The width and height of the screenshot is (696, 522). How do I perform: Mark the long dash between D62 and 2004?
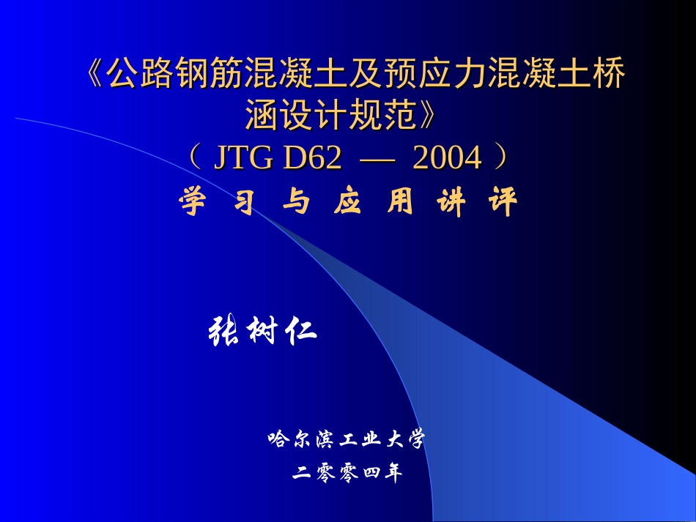[378, 157]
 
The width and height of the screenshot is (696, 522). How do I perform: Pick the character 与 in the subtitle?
[295, 202]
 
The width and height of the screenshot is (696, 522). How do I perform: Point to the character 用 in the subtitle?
[400, 202]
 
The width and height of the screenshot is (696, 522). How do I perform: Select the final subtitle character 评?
[503, 202]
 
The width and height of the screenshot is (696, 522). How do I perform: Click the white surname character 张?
[226, 332]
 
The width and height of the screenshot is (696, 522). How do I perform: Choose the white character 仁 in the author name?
[300, 332]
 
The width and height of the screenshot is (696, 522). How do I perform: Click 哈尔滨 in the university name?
[300, 439]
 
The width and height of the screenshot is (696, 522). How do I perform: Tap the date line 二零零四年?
[347, 474]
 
